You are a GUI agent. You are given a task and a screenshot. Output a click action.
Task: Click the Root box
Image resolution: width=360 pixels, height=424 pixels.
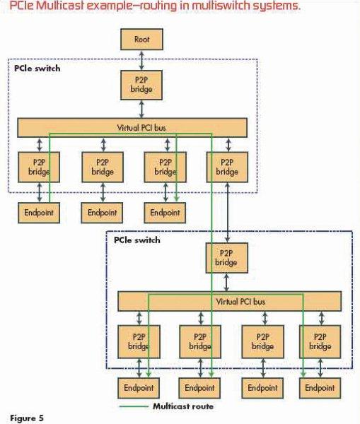tap(141, 40)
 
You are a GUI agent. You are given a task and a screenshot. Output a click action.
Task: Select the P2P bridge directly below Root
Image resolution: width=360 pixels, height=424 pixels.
tap(141, 86)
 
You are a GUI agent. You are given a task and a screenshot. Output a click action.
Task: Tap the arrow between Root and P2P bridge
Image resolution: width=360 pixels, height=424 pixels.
tap(141, 60)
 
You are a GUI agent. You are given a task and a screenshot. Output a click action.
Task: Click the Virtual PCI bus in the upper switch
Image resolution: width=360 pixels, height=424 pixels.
tap(132, 128)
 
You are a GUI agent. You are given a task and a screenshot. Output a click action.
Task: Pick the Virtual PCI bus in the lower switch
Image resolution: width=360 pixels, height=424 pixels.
tap(230, 301)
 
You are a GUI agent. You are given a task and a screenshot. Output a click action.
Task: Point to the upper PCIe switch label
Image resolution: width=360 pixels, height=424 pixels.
tap(37, 69)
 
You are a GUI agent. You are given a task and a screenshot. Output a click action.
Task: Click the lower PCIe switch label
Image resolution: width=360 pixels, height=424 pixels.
tap(137, 240)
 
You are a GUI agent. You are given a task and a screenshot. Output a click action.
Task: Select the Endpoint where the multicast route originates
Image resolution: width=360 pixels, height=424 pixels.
tap(39, 213)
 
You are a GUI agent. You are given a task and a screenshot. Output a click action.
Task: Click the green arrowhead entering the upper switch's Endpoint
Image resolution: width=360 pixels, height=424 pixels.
tap(177, 199)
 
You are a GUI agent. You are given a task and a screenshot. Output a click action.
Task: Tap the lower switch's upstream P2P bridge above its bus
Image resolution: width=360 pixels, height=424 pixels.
tap(226, 258)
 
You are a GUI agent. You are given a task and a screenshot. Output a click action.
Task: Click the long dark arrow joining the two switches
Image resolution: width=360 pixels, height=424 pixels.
tap(227, 212)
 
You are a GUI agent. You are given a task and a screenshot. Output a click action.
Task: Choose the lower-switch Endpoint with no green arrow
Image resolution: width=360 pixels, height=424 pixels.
tap(262, 388)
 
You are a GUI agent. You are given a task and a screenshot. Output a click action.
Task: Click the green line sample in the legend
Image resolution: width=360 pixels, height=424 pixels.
tap(134, 406)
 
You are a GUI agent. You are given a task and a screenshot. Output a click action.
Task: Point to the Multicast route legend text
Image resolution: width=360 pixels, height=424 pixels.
tap(183, 406)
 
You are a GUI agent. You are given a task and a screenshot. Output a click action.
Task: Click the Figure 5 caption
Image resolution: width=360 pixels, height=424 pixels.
tap(27, 418)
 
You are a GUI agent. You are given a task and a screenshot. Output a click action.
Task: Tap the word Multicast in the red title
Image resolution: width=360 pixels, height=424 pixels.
tap(59, 6)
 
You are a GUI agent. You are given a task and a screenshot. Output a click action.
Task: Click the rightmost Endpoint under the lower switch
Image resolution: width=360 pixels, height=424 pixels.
tap(320, 388)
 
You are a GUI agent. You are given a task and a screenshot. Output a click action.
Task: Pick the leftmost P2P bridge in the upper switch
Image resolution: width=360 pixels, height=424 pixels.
tap(39, 167)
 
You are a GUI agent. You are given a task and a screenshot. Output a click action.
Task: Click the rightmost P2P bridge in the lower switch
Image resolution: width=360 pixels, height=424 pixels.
tap(320, 342)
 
